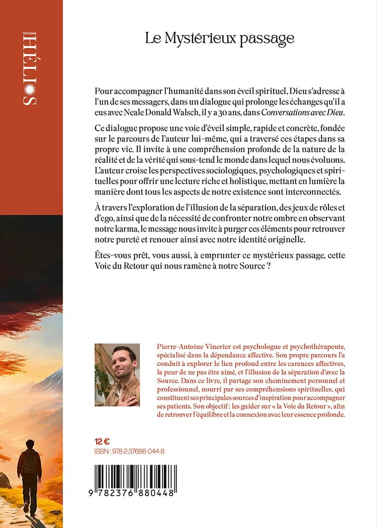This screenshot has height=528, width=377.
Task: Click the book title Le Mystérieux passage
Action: click(219, 38)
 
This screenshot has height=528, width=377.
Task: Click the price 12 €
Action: click(102, 441)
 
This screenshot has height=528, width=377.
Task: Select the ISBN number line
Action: click(129, 451)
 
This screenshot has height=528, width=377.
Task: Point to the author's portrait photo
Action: click(117, 375)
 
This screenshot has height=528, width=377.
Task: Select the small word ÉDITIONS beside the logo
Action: click(30, 33)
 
